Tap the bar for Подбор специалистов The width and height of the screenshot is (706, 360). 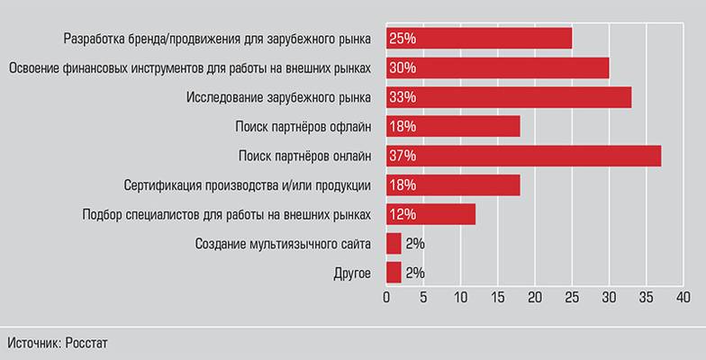point(430,215)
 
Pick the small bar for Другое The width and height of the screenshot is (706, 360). point(394,273)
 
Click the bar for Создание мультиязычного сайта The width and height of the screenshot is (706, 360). point(394,244)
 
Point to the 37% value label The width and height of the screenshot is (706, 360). point(403,156)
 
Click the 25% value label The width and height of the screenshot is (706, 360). point(403,38)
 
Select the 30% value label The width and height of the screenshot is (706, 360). point(403,67)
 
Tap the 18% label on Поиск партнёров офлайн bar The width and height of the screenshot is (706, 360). point(403,127)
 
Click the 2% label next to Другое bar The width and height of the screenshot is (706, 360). point(415,273)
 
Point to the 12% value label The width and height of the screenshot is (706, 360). point(403,215)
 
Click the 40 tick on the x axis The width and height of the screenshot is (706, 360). point(683,298)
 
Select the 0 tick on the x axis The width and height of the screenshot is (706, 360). point(386,298)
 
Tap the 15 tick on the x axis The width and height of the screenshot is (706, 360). point(498,298)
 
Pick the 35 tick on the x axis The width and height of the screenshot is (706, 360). point(646,298)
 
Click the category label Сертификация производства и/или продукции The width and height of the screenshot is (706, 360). point(247,185)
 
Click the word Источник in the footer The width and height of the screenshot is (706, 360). point(33,343)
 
